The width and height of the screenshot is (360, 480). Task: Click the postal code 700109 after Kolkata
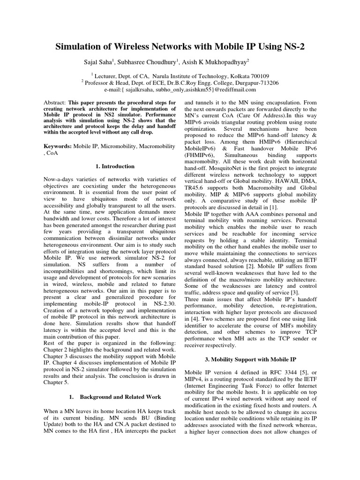[x=258, y=75]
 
